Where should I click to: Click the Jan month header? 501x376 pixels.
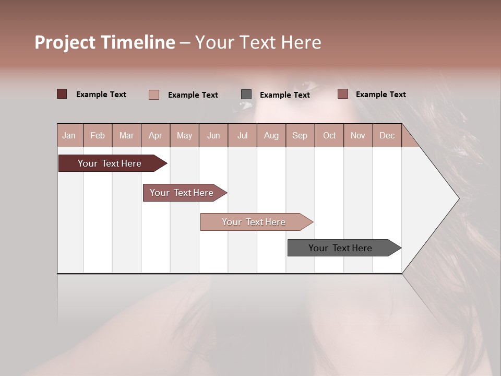pyautogui.click(x=69, y=135)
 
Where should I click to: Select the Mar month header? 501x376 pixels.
pyautogui.click(x=126, y=135)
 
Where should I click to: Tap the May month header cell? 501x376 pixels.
pyautogui.click(x=184, y=135)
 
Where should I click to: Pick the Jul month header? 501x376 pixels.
pyautogui.click(x=242, y=135)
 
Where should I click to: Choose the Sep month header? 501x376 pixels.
pyautogui.click(x=300, y=135)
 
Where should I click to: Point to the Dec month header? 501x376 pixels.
pyautogui.click(x=387, y=135)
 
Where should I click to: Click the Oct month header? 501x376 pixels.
pyautogui.click(x=329, y=135)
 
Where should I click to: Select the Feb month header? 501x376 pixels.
pyautogui.click(x=98, y=135)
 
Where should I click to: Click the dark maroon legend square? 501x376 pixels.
pyautogui.click(x=62, y=94)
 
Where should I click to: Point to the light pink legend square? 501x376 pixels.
pyautogui.click(x=154, y=95)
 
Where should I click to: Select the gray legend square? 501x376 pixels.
pyautogui.click(x=246, y=95)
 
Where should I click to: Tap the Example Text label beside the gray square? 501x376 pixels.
pyautogui.click(x=284, y=95)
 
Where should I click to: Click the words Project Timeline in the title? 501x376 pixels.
pyautogui.click(x=104, y=42)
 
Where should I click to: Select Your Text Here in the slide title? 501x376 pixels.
pyautogui.click(x=258, y=42)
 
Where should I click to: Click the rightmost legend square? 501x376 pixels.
pyautogui.click(x=342, y=94)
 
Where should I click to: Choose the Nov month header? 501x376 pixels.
pyautogui.click(x=358, y=135)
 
